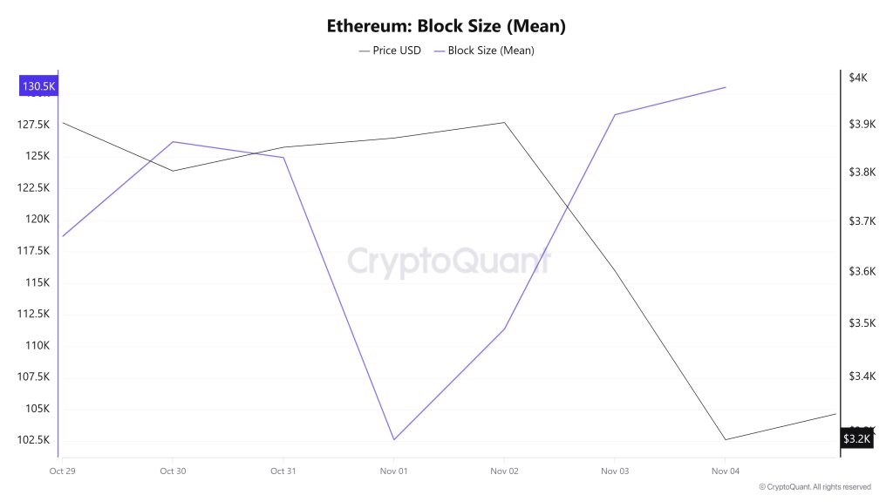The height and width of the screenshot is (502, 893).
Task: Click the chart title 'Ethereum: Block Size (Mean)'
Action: tap(446, 26)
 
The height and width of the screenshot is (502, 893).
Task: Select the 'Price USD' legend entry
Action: tap(390, 51)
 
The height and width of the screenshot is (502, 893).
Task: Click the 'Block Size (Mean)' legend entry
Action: tap(484, 51)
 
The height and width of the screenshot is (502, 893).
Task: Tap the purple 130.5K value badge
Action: tap(38, 86)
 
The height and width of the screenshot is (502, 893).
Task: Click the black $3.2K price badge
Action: tap(856, 438)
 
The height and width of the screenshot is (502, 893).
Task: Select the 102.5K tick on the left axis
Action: tap(32, 439)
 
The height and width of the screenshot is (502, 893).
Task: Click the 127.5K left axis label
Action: tap(32, 125)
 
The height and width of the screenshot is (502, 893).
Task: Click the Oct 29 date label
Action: tap(62, 471)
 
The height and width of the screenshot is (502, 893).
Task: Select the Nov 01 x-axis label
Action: tap(393, 471)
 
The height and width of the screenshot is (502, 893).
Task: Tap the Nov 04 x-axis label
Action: tap(725, 471)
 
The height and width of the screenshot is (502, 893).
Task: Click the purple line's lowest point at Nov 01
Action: tap(393, 439)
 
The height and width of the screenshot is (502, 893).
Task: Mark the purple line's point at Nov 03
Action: tap(615, 115)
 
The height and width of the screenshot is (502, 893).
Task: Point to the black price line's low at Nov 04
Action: tap(725, 439)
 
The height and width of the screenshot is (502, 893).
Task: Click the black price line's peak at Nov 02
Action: tap(504, 123)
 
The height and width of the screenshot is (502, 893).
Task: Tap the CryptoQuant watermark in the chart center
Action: tap(449, 260)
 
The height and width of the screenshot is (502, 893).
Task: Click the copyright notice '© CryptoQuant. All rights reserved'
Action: tap(815, 487)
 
